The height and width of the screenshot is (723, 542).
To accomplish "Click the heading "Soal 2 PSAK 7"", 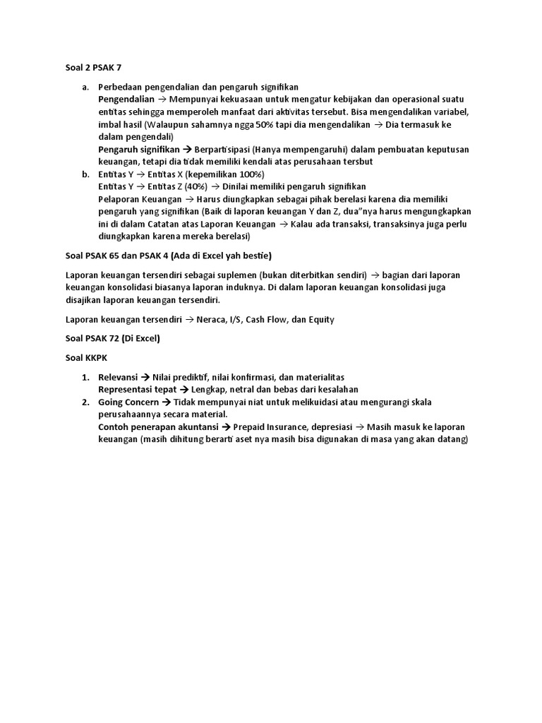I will [x=89, y=67].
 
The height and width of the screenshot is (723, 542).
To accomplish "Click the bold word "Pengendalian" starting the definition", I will [x=126, y=100].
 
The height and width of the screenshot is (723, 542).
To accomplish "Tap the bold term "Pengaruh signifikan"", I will [x=139, y=149].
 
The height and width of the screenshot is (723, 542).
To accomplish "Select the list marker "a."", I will [x=85, y=87].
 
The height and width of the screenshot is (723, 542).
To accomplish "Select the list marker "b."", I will [x=85, y=174].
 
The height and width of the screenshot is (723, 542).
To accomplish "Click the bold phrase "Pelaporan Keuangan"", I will [x=138, y=199].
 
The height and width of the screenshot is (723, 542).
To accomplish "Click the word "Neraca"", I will [x=214, y=319].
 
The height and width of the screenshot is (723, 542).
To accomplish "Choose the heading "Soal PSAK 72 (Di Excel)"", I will [x=108, y=338].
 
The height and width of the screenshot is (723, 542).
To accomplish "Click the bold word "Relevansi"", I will [x=119, y=377].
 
